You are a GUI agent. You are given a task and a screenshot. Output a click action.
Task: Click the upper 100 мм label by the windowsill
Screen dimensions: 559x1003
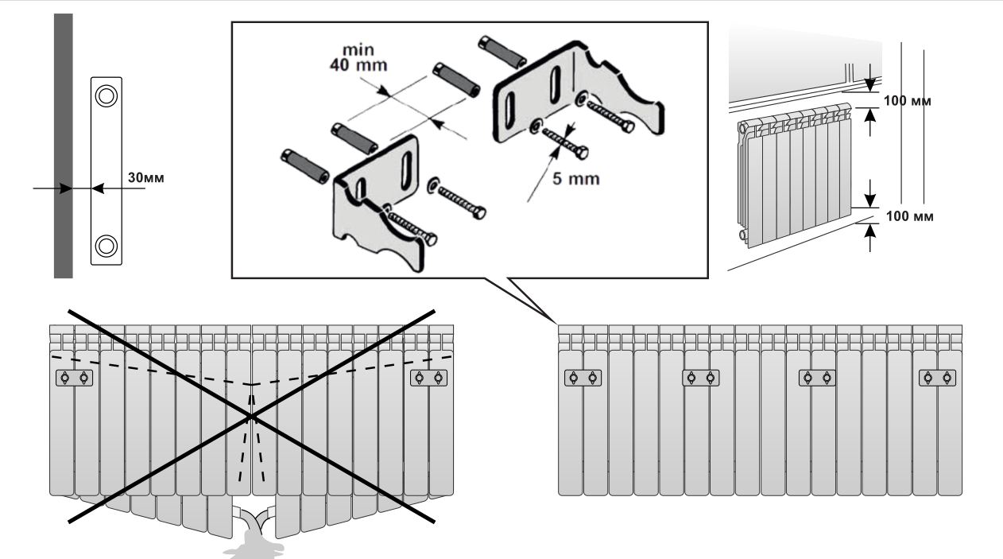coord(907,102)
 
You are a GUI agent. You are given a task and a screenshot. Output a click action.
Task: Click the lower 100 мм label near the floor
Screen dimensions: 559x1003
coord(907,215)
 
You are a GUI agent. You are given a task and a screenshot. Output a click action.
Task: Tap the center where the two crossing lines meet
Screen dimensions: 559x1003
coord(251,416)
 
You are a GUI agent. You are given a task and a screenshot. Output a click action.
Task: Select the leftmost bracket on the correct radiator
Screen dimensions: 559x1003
coord(582,378)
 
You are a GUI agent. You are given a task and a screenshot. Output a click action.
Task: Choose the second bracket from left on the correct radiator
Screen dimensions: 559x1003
coord(700,378)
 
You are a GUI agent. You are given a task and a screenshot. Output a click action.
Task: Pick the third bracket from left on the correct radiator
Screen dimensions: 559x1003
coord(817,378)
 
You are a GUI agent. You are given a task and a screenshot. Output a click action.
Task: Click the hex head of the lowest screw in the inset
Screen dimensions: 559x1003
coord(430,239)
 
